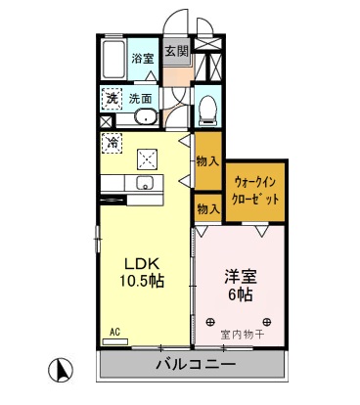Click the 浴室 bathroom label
tap(143, 59)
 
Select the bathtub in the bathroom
tap(112, 61)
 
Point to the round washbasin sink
tap(145, 117)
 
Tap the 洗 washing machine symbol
tap(112, 98)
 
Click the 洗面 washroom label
tap(141, 98)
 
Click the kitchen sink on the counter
tap(149, 184)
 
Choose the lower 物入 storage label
tap(206, 207)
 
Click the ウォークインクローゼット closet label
tap(255, 189)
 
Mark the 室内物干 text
tap(240, 334)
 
